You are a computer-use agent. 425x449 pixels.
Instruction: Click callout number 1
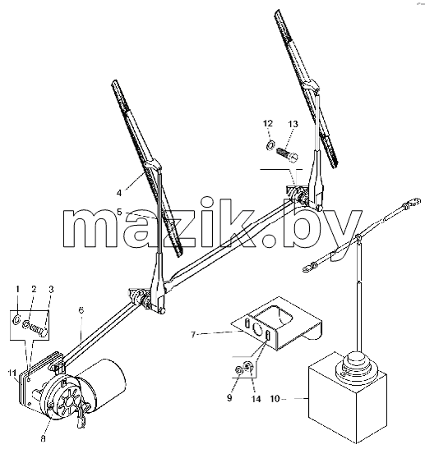click(x=17, y=289)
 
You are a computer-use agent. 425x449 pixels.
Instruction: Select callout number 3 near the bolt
click(x=51, y=290)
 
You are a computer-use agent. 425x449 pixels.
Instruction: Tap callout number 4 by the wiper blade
click(x=119, y=193)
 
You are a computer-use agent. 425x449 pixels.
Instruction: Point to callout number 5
click(x=119, y=212)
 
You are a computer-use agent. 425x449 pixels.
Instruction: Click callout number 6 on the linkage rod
click(x=81, y=310)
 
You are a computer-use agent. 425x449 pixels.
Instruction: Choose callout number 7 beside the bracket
click(x=193, y=334)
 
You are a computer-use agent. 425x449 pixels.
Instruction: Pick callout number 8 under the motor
click(x=43, y=438)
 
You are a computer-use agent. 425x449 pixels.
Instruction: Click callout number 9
click(x=229, y=398)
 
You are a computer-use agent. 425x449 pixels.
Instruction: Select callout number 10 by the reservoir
click(x=275, y=399)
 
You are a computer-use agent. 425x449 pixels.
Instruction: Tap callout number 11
click(x=12, y=373)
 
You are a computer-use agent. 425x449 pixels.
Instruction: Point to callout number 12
click(x=268, y=124)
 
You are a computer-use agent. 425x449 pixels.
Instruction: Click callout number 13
click(x=293, y=124)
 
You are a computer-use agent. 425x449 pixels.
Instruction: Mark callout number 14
click(x=256, y=399)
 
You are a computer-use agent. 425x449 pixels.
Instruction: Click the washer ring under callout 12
click(x=270, y=145)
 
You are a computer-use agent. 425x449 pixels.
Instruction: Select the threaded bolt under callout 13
click(x=287, y=154)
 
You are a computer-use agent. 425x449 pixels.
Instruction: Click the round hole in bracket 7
click(x=256, y=329)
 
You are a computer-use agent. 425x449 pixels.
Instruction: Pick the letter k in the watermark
click(x=233, y=222)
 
